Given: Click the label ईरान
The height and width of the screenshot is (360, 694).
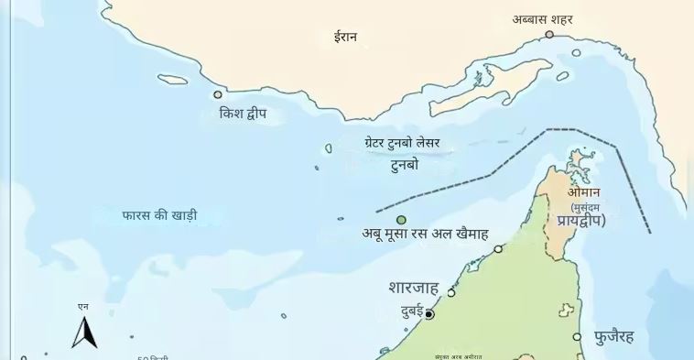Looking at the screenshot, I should pyautogui.click(x=345, y=38).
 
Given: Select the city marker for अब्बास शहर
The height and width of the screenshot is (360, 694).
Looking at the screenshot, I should pyautogui.click(x=549, y=35).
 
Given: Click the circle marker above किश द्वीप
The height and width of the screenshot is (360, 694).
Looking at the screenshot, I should pyautogui.click(x=218, y=94).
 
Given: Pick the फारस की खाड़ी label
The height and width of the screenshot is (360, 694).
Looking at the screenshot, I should pyautogui.click(x=159, y=216).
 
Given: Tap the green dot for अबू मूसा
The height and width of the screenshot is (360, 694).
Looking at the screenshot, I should pyautogui.click(x=401, y=220).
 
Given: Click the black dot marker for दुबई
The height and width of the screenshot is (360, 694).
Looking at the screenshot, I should pyautogui.click(x=428, y=314).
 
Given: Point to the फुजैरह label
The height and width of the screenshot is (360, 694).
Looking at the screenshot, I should pyautogui.click(x=627, y=336).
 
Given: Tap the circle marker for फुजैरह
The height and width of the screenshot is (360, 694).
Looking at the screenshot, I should pyautogui.click(x=577, y=337).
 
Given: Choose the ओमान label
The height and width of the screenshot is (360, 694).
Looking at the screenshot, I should pyautogui.click(x=583, y=192).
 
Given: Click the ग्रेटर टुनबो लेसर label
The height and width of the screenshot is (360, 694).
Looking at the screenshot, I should pyautogui.click(x=402, y=144).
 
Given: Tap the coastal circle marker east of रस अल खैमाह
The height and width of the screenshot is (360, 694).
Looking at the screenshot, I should pyautogui.click(x=498, y=248).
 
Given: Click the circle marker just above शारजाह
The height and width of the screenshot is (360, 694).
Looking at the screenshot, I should pyautogui.click(x=450, y=292).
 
